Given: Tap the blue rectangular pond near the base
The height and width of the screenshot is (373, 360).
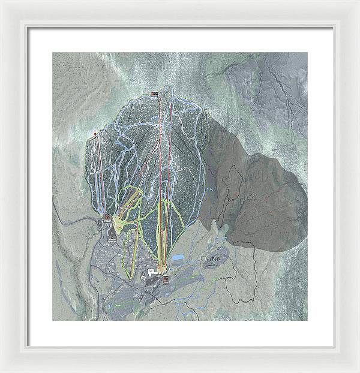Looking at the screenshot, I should pyautogui.click(x=178, y=258).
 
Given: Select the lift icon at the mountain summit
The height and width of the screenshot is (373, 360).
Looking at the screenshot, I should pyautogui.click(x=155, y=94).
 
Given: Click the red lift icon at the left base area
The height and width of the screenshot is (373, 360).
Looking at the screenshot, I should pyautogui.click(x=106, y=216).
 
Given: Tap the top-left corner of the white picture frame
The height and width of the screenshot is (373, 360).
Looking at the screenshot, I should pyautogui.click(x=2, y=2).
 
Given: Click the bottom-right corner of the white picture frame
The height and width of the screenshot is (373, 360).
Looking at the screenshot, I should pyautogui.click(x=358, y=371).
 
